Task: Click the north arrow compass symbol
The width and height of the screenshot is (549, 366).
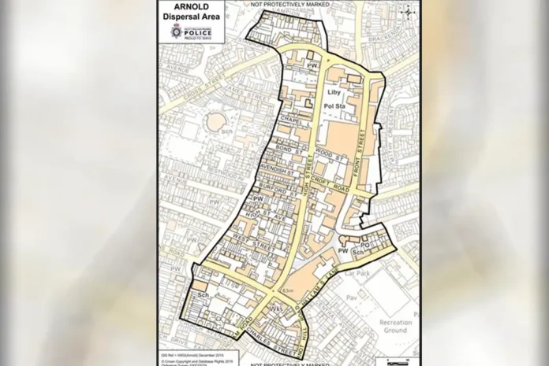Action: [407, 10]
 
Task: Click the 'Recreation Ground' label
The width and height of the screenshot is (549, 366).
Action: [394, 327]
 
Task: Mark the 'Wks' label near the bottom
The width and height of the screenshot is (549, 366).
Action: [276, 309]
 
